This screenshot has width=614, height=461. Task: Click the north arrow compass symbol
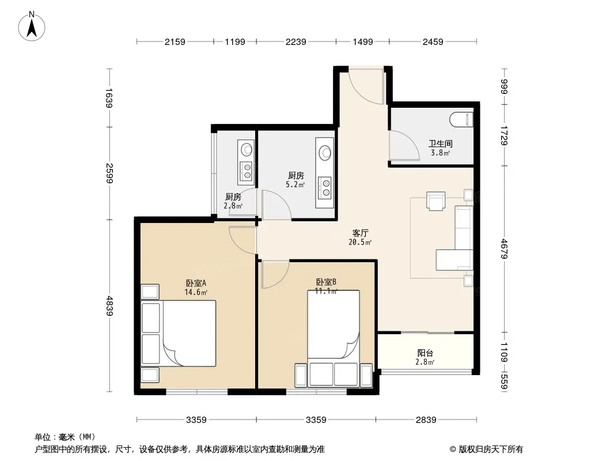click(x=32, y=27)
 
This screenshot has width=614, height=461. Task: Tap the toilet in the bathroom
click(x=461, y=120)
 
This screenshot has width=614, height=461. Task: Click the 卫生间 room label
click(x=440, y=143)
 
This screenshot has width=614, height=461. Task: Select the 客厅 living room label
click(x=360, y=233)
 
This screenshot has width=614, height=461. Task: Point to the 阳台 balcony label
click(x=425, y=353)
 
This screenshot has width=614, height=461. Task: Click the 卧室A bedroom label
click(x=196, y=283)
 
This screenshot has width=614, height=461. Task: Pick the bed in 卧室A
click(x=189, y=333)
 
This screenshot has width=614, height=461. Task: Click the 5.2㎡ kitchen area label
click(x=295, y=185)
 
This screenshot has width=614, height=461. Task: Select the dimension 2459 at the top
click(x=433, y=41)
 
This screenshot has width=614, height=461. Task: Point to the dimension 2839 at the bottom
click(x=426, y=420)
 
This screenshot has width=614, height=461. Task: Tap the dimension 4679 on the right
click(x=505, y=249)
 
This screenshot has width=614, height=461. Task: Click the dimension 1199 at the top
click(x=235, y=41)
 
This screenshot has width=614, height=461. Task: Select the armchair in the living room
click(x=436, y=201)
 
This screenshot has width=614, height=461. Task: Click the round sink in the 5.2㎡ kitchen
click(x=325, y=153)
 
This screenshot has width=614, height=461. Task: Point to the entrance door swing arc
click(x=366, y=87)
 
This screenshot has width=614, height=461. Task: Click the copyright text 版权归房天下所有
click(x=491, y=449)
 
